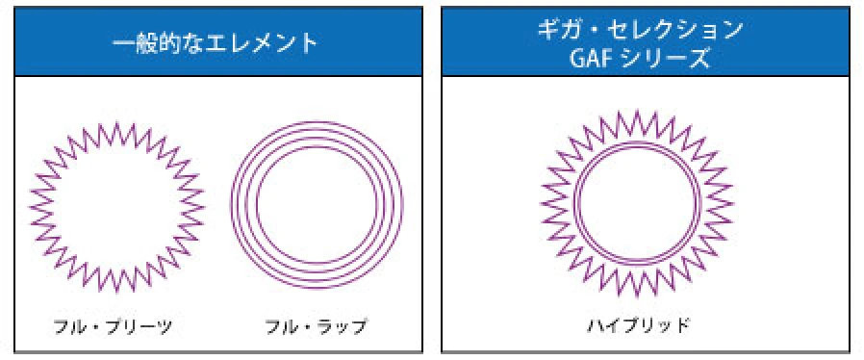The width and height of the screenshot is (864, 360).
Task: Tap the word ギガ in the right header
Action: [554, 30]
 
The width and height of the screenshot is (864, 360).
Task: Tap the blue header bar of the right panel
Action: [481, 43]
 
